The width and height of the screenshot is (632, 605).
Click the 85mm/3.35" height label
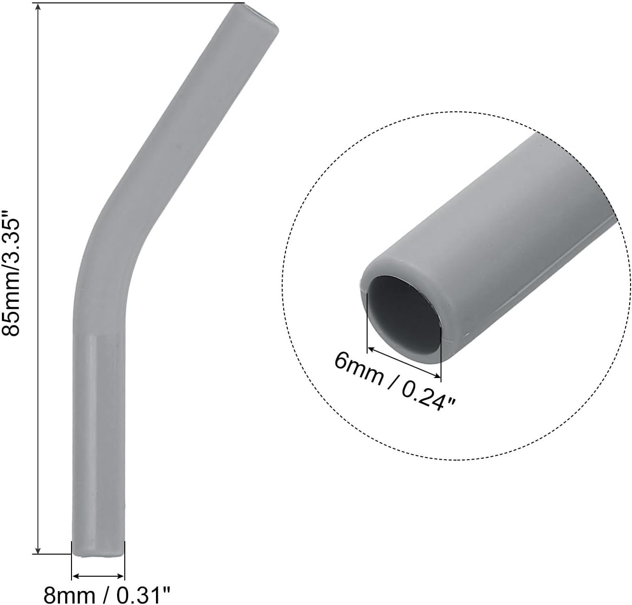pyautogui.click(x=11, y=274)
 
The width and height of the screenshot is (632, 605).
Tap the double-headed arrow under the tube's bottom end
pyautogui.click(x=98, y=576)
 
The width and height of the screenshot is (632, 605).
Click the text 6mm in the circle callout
pyautogui.click(x=358, y=366)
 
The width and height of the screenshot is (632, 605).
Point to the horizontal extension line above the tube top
pyautogui.click(x=134, y=3)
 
